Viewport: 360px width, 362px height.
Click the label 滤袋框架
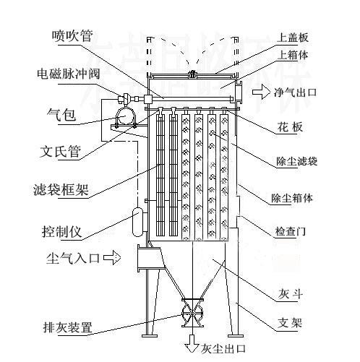pyautogui.click(x=66, y=192)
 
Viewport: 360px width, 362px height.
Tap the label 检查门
pyautogui.click(x=291, y=233)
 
